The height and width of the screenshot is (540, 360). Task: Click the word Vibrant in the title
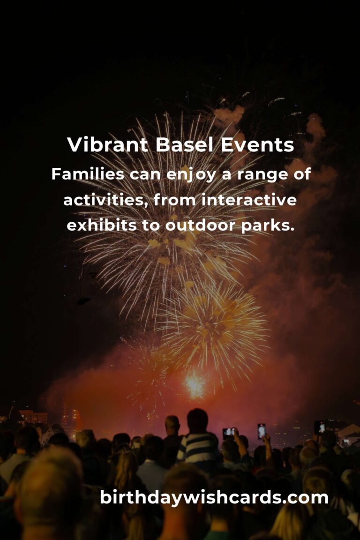point(107,144)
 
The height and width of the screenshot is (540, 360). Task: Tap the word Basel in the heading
point(184,144)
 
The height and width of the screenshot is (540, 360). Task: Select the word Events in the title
point(257,145)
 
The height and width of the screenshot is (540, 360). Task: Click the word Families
point(88,174)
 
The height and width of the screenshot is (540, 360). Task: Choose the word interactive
point(249,200)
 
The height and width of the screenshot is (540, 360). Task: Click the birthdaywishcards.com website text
point(214,498)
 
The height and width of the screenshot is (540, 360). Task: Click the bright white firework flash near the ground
point(195,385)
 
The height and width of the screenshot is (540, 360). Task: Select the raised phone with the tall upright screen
point(262,432)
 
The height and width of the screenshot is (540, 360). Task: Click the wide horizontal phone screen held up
point(229,433)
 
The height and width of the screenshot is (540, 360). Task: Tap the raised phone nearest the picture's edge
point(319,427)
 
